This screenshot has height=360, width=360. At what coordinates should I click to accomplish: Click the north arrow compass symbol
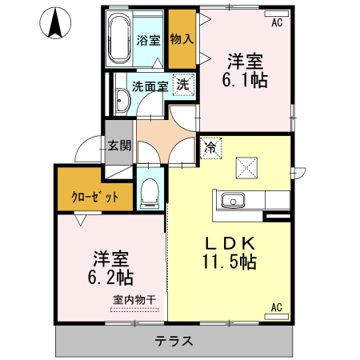pos(55,22)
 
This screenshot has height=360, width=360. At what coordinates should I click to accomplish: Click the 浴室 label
pos(150,41)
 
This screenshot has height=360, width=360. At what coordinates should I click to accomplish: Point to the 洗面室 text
pos(150,86)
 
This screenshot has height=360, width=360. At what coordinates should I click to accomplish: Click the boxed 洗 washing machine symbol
pos(183,84)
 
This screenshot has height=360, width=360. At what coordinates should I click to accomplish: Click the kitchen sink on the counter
pos(232,200)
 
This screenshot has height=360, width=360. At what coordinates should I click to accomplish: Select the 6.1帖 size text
pos(245,79)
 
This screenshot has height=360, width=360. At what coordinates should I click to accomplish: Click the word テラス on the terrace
pos(174,340)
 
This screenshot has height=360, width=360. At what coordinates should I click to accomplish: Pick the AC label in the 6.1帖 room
pos(277,22)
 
